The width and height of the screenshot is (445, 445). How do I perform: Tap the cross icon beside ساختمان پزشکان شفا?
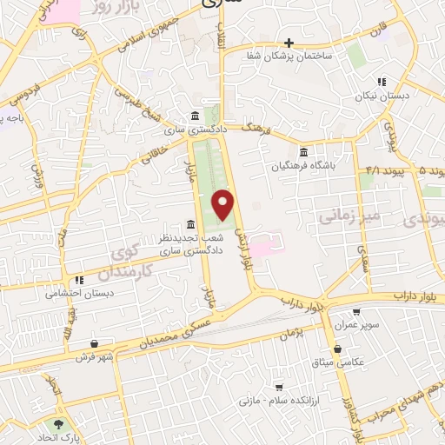coord(289,43)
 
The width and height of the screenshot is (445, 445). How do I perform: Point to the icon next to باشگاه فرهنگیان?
coord(302,151)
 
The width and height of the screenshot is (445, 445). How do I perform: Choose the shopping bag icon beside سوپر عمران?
coord(355,312)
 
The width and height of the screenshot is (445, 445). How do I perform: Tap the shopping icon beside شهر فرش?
coord(106,343)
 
